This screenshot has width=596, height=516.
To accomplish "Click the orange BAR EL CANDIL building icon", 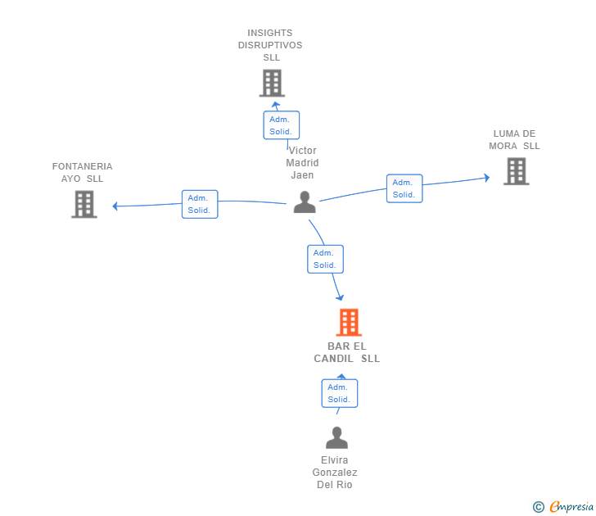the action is coord(349,322).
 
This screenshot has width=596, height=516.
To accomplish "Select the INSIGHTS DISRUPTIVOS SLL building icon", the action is coord(272,83).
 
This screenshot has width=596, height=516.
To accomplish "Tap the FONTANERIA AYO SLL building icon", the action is coord(84,204).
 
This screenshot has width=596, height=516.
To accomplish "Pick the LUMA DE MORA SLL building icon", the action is coord(516,171).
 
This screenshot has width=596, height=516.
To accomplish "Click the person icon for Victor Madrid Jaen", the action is coord(305,202).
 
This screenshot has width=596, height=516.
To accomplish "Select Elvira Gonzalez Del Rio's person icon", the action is coord(336,437).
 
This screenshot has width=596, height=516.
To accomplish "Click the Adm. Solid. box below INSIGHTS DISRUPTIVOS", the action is coord(282,125).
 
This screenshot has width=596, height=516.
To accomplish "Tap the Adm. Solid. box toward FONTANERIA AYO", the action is coord(200,204).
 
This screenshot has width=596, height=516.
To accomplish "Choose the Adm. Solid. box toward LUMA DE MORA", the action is coord(404,188).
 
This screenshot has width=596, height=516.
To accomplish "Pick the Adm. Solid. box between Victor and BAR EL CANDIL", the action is coord(325,259).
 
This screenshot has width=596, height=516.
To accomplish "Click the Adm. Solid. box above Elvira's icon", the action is coord(340,393).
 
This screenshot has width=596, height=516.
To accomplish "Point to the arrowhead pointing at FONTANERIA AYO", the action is coord(115,206).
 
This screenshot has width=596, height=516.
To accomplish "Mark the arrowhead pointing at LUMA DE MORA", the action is coord(486,178).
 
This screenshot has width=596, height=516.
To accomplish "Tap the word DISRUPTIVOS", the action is coord(270,45).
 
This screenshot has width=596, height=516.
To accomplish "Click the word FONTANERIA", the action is coord(82,166).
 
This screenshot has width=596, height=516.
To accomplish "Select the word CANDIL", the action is coord(333,359).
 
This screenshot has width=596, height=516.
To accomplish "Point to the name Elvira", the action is coord(335,460).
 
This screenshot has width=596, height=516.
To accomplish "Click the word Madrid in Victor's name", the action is coord(302,163).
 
